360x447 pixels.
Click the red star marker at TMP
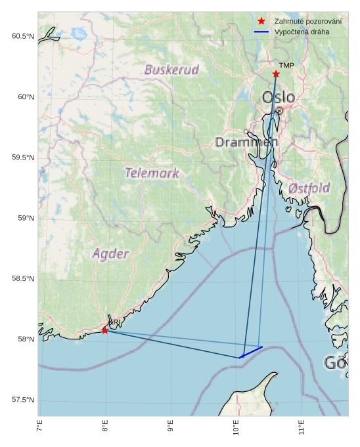tap(276, 74)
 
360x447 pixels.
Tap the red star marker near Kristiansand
tap(105, 330)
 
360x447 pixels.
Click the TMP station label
tap(286, 66)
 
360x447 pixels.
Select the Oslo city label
tap(279, 98)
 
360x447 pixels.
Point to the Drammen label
tap(246, 142)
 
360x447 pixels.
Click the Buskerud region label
tap(171, 70)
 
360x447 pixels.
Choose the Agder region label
tap(110, 253)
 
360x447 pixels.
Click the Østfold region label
tap(309, 188)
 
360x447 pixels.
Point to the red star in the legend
tap(261, 21)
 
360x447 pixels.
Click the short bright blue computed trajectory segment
tap(251, 352)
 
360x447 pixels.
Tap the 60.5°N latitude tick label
tap(22, 37)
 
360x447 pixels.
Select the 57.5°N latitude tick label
tap(22, 400)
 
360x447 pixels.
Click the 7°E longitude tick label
tap(39, 429)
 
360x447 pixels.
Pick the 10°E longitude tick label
tap(236, 431)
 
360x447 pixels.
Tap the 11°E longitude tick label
tap(302, 431)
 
